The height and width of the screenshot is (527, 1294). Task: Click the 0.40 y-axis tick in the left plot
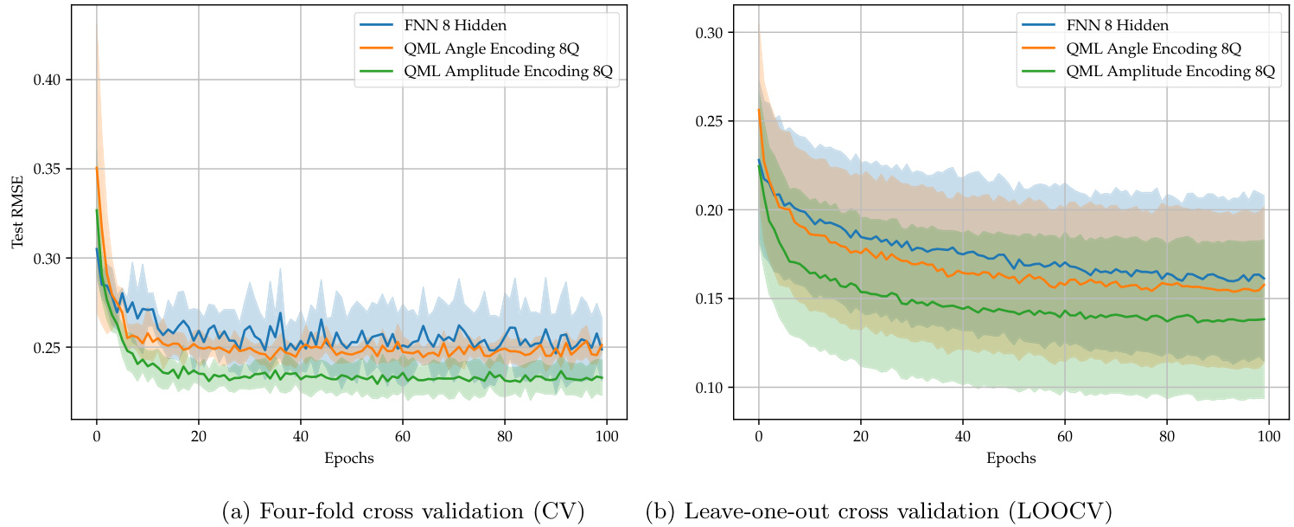coord(50,80)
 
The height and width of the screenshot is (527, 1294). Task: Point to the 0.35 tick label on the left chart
coord(50,169)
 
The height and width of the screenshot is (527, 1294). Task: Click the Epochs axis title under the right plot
coord(1012,459)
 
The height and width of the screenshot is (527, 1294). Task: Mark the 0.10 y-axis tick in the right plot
coord(711,387)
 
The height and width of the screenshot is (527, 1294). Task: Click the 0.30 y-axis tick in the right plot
coord(711,33)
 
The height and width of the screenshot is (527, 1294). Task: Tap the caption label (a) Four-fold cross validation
coord(404,511)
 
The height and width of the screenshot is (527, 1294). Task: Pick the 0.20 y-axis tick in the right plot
coord(711,210)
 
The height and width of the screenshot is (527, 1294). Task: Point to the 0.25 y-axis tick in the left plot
coord(50,348)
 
